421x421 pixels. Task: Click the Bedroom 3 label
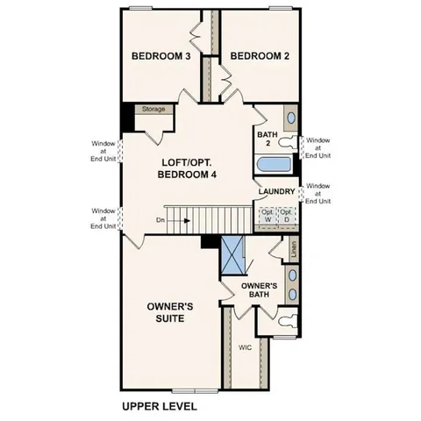point(161,57)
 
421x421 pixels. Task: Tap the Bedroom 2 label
point(260,57)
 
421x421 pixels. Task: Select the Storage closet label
point(153,110)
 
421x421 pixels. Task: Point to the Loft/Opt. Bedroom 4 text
point(187,168)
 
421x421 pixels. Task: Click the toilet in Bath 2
point(290,118)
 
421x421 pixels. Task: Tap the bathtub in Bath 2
point(276,164)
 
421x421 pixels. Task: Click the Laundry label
point(276,191)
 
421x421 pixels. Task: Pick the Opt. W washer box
point(266,214)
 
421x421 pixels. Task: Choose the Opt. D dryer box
point(287,214)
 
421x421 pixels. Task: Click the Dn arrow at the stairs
point(174,220)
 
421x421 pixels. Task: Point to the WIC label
point(246,347)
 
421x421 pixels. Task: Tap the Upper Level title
point(159,407)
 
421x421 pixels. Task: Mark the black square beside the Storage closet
point(128,115)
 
